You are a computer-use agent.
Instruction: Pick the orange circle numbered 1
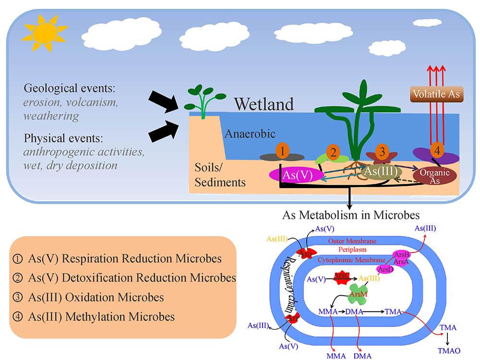[283, 152]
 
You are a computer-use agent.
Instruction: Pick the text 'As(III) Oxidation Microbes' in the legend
[94, 298]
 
